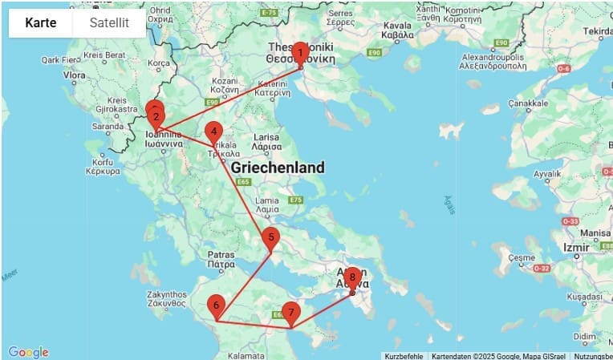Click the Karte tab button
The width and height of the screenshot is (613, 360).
(41, 23)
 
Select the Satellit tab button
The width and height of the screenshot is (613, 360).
(109, 23)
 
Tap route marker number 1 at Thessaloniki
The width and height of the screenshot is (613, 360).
(299, 54)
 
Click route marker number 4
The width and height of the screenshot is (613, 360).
(213, 131)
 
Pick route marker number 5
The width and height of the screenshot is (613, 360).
(271, 237)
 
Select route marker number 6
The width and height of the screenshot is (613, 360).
(216, 305)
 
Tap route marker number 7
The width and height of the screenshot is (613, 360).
(290, 312)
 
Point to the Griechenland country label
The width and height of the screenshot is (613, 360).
(278, 168)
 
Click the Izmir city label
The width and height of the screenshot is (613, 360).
(577, 246)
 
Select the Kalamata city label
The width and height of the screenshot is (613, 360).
(246, 354)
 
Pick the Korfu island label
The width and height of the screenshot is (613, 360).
(101, 166)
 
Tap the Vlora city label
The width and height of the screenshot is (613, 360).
(74, 75)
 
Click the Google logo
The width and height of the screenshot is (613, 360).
(28, 352)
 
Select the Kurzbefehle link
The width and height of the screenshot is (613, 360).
(404, 356)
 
